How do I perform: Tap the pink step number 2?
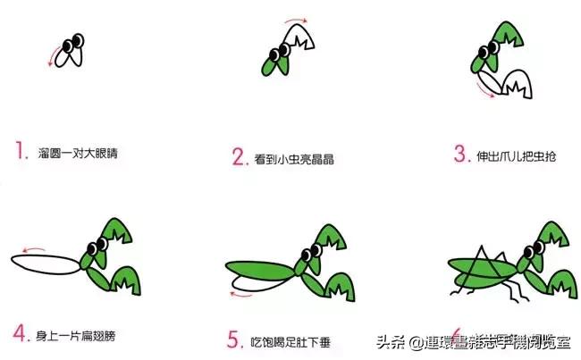coord(239,158)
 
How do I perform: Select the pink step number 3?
coord(461,154)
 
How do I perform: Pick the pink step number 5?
coord(234,339)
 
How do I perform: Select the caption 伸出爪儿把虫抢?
coord(520,155)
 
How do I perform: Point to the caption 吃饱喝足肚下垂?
coord(295,340)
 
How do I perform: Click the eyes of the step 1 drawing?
coord(76,42)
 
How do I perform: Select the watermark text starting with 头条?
coord(473,341)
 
